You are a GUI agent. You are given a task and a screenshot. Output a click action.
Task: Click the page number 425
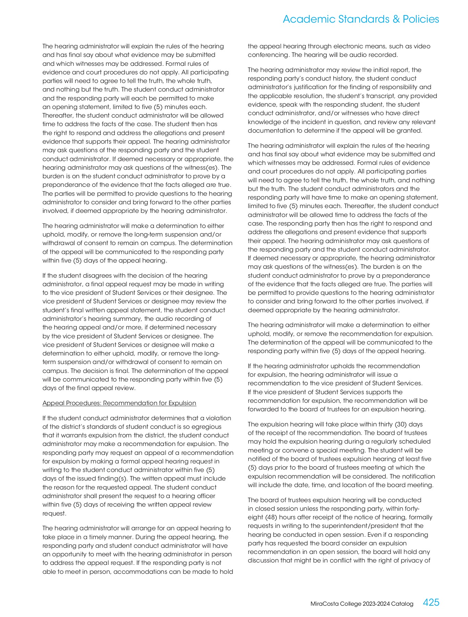tap(431, 602)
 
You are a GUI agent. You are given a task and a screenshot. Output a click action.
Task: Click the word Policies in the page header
tap(421, 19)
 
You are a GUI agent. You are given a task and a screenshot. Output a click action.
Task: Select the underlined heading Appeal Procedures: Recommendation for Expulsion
tap(119, 403)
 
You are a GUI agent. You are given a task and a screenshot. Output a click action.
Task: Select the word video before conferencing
tap(422, 46)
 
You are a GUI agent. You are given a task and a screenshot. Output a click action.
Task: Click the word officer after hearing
tap(205, 496)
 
